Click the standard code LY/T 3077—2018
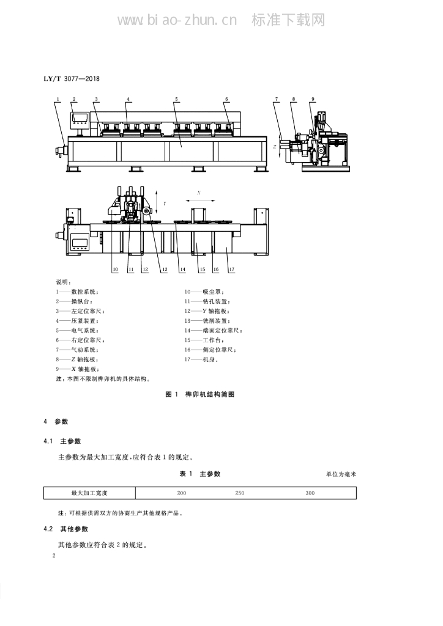(x=72, y=79)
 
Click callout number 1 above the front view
(x=58, y=100)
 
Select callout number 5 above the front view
(x=177, y=100)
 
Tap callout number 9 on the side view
(x=313, y=100)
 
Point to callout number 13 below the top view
(x=165, y=270)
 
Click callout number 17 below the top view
(x=232, y=270)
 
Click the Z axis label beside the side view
(x=275, y=147)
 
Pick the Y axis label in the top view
(x=165, y=204)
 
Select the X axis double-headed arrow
(x=200, y=201)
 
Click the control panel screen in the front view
(x=80, y=118)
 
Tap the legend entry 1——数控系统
(x=77, y=292)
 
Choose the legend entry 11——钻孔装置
(x=207, y=301)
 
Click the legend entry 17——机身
(x=201, y=359)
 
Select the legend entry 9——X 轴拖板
(x=78, y=369)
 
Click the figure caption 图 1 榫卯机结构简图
(x=200, y=394)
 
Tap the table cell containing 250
(x=240, y=493)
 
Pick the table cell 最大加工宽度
(x=89, y=493)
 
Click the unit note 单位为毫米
(x=341, y=474)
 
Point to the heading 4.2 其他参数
(x=66, y=529)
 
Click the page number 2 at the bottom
(x=54, y=556)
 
